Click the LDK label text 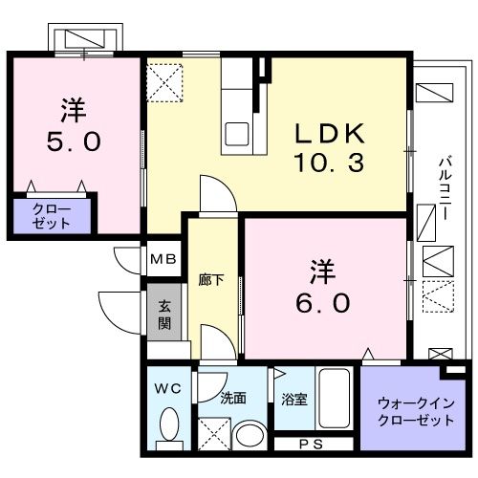(x=330, y=134)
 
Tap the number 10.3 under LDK (x=330, y=163)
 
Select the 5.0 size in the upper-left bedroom (x=74, y=141)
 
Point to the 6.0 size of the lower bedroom (x=323, y=303)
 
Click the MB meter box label (x=163, y=259)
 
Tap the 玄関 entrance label (x=164, y=315)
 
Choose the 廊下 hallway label (x=211, y=280)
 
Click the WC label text (x=167, y=388)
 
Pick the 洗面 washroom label (x=233, y=398)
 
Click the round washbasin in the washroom (x=250, y=436)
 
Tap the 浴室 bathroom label (x=294, y=400)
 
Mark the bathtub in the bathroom (x=335, y=398)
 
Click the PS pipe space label (x=312, y=445)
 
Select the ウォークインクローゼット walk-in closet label (x=416, y=412)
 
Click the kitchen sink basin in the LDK (x=237, y=134)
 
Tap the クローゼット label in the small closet (x=51, y=216)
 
